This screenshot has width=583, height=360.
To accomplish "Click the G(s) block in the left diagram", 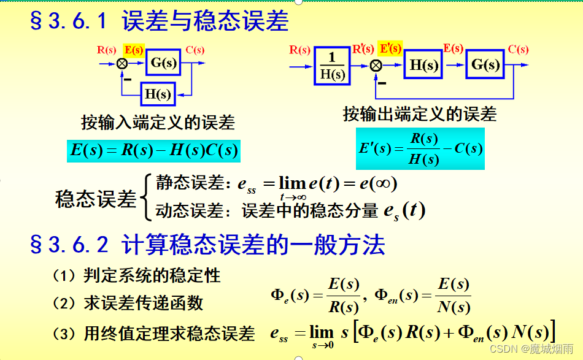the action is pos(163,62).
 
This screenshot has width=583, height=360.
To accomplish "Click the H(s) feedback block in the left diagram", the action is pos(157,94).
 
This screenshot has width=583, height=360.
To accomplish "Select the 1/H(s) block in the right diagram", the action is pos(333,66).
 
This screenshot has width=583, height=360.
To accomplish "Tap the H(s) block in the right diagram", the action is pos(423,64).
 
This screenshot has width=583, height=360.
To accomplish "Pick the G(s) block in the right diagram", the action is pos(485,64).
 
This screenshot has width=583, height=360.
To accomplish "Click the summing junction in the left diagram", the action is pos(123,63).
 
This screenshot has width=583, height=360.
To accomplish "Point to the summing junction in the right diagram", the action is pos(376,65).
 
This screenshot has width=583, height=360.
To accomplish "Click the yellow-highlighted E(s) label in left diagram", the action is pos(134,50).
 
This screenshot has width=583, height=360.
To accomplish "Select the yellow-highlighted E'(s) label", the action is pos(390,48).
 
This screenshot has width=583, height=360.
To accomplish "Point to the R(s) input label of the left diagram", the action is pos(107,50).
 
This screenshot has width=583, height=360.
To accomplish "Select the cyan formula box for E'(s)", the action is pos(420,148).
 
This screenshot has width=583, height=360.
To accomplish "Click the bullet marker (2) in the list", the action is pos(63,303).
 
